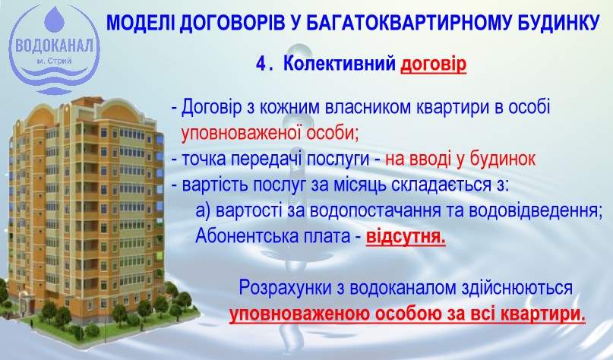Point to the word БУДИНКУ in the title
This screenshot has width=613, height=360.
coord(558,22)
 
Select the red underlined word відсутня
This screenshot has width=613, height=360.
coord(406,235)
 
